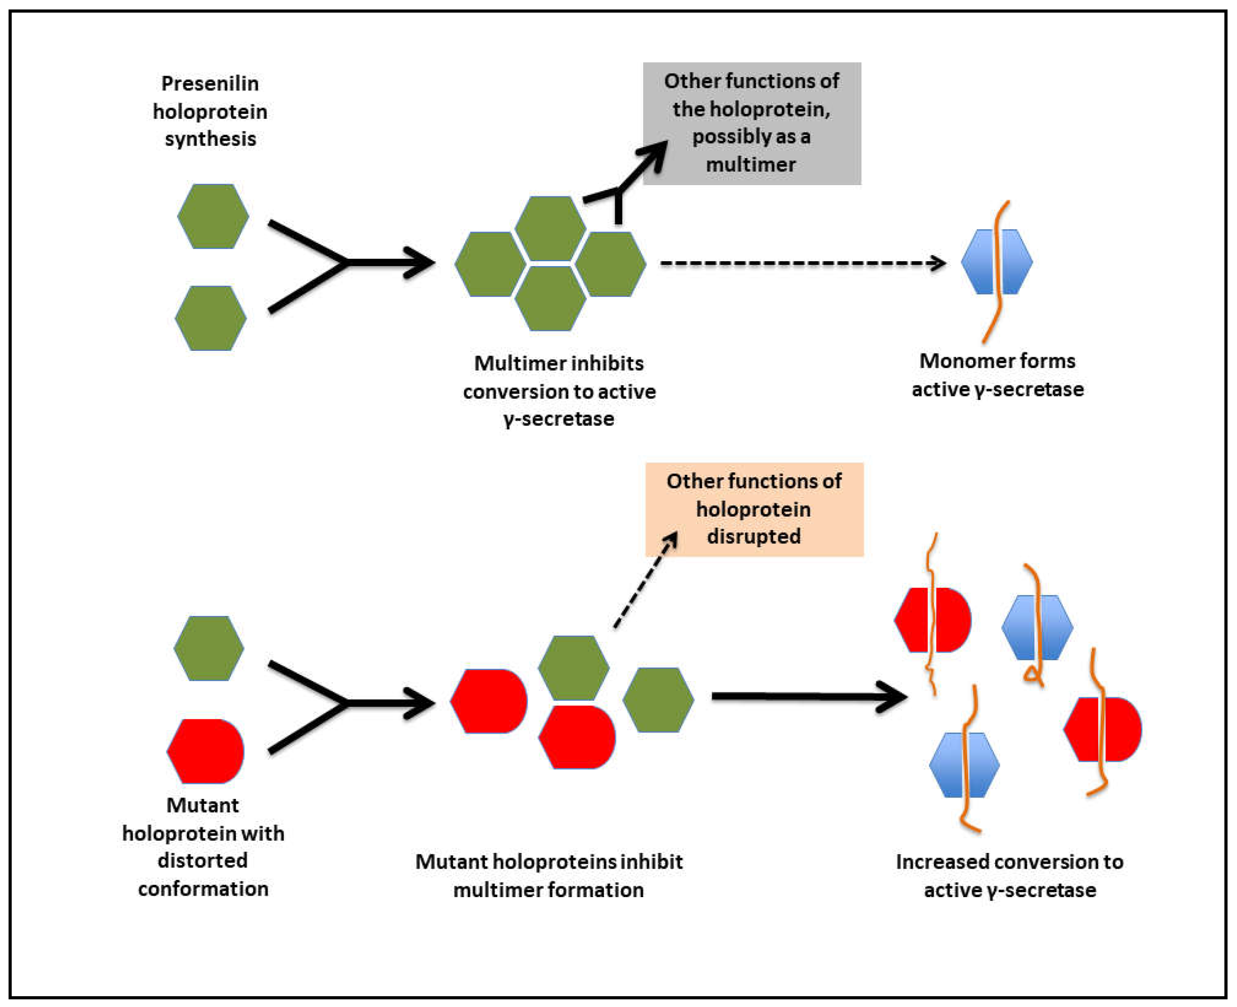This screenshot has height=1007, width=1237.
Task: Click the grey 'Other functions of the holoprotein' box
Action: coord(752,123)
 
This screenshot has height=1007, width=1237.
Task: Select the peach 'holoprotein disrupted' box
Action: coord(754,509)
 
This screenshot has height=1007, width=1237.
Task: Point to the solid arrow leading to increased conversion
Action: coord(806,696)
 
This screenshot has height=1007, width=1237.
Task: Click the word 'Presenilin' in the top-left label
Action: coord(210,83)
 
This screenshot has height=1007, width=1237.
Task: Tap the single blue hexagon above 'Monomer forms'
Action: coord(997,262)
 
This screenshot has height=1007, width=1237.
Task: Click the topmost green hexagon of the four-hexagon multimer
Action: coord(550,228)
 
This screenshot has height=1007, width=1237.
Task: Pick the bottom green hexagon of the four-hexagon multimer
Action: coord(550,299)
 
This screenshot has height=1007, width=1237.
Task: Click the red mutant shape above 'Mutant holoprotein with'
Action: coord(206,751)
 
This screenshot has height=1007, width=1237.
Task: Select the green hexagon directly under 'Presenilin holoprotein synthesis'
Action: coord(213,216)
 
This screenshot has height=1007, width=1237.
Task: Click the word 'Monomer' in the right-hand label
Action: coord(959,361)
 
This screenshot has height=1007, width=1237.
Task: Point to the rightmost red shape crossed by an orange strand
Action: coord(1103,729)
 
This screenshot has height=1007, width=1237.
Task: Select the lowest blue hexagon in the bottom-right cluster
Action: coord(964,765)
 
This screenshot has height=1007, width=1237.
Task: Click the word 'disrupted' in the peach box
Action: coord(753,536)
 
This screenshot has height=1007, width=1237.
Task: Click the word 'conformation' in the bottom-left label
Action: coord(203,889)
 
